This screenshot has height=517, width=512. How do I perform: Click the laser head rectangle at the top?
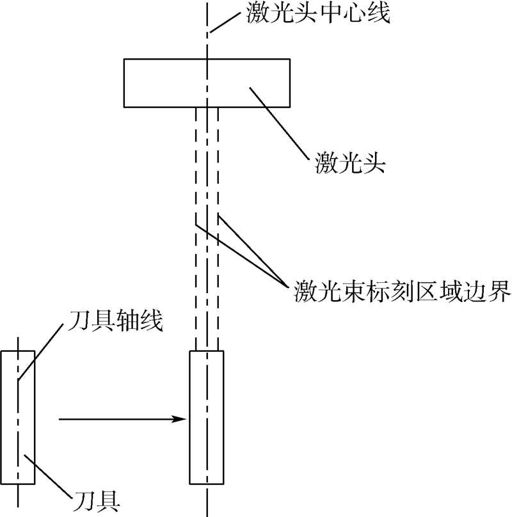pyautogui.click(x=154, y=83)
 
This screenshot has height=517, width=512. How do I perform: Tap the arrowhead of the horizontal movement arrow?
pyautogui.click(x=181, y=420)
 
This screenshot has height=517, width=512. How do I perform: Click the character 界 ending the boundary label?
pyautogui.click(x=499, y=292)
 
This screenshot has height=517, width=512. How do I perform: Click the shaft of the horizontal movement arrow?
pyautogui.click(x=115, y=420)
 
